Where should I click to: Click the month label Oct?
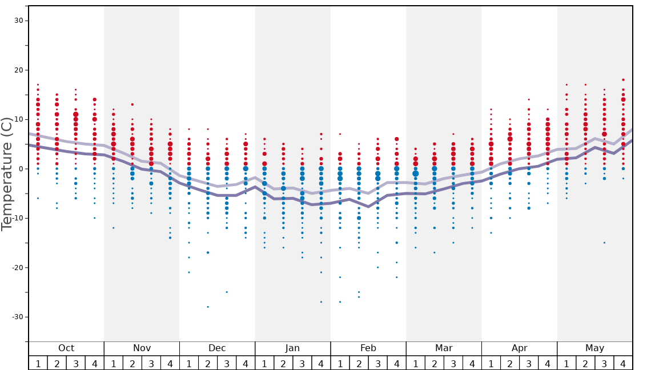pyautogui.click(x=66, y=348)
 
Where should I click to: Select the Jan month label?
pyautogui.click(x=292, y=348)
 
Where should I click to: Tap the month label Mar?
pyautogui.click(x=444, y=348)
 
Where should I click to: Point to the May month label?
pyautogui.click(x=594, y=348)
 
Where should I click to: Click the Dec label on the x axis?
pyautogui.click(x=217, y=348)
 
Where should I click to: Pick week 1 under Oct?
pyautogui.click(x=38, y=363)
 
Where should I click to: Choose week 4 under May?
pyautogui.click(x=623, y=363)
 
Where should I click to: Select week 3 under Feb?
pyautogui.click(x=377, y=363)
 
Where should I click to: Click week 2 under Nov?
pyautogui.click(x=132, y=363)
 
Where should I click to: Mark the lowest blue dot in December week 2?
pyautogui.click(x=208, y=307)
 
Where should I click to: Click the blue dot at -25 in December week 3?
pyautogui.click(x=227, y=292)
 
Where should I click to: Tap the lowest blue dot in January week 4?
pyautogui.click(x=321, y=301)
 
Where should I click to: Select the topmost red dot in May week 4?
pyautogui.click(x=623, y=80)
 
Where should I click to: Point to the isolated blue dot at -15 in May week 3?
pyautogui.click(x=604, y=243)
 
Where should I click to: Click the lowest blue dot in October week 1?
pyautogui.click(x=38, y=198)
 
